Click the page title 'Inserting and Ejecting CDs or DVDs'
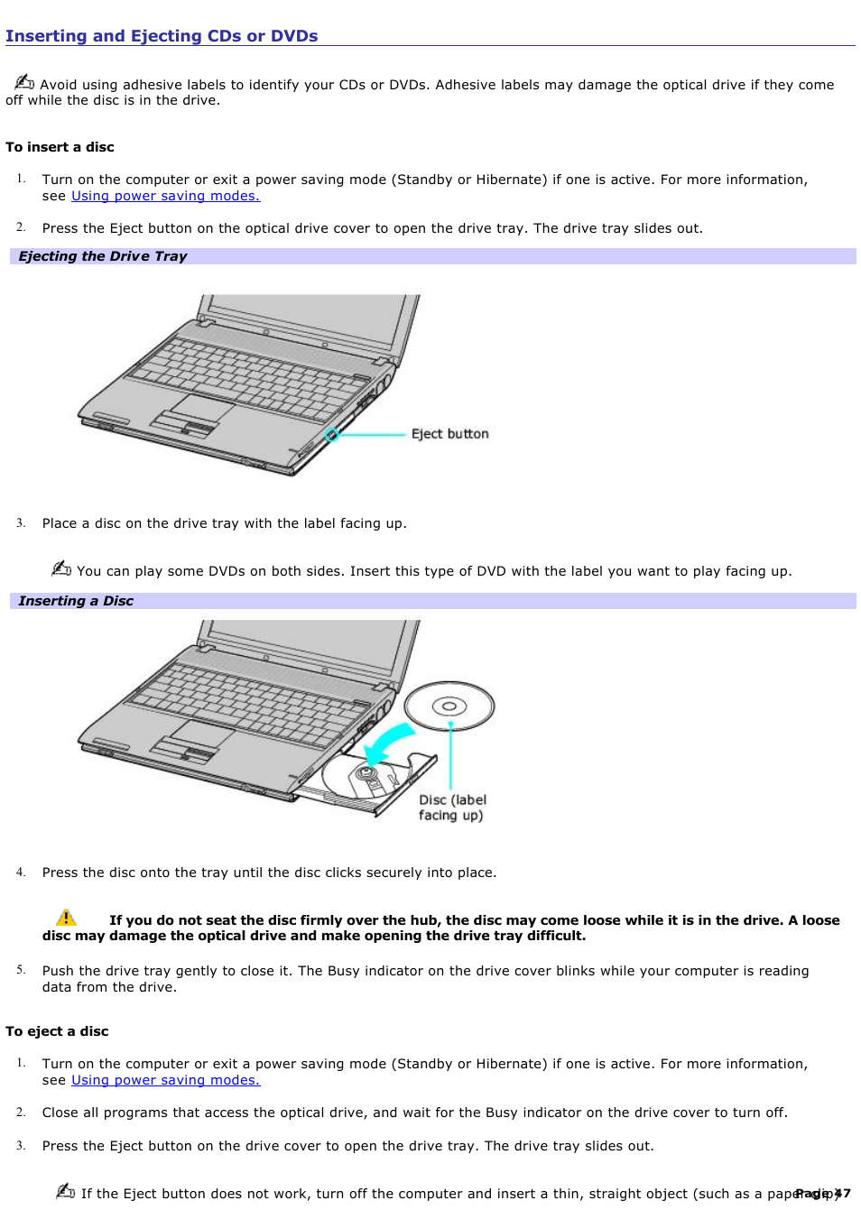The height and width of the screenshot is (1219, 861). [x=162, y=36]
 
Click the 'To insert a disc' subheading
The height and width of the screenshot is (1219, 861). [x=60, y=147]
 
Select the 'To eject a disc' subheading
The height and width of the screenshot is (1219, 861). [x=57, y=1031]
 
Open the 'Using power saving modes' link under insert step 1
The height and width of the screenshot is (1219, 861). [x=165, y=196]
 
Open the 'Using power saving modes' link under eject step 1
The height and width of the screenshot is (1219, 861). [x=165, y=1080]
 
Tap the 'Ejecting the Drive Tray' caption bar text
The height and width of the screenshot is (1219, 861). [x=102, y=256]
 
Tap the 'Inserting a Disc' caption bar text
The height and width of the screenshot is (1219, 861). [x=76, y=601]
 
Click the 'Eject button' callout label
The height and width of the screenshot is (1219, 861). [x=449, y=434]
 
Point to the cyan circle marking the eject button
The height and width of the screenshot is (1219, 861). [x=331, y=435]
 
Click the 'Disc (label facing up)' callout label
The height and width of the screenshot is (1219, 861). [x=451, y=808]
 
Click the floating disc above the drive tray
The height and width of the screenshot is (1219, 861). [x=449, y=706]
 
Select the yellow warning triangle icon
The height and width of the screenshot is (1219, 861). [x=66, y=918]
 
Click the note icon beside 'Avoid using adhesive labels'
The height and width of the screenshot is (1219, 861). [x=24, y=82]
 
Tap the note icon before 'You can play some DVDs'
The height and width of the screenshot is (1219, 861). [x=61, y=568]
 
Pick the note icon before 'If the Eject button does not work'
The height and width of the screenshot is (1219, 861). [x=65, y=1191]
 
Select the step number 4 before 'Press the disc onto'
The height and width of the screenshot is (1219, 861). [x=20, y=873]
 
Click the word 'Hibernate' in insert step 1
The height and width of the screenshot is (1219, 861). [x=508, y=180]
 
